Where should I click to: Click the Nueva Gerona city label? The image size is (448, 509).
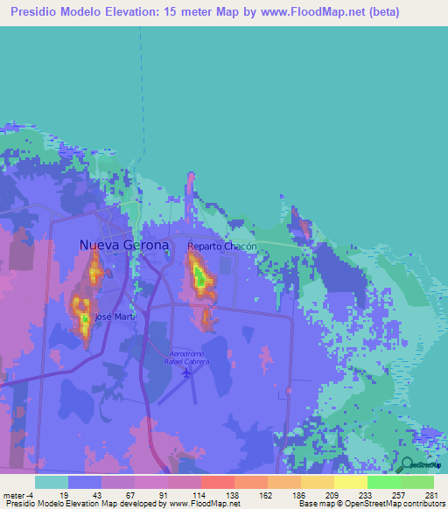tap(123, 245)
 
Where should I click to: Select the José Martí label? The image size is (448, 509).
tap(115, 317)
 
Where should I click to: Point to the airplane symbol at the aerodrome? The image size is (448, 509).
tap(186, 373)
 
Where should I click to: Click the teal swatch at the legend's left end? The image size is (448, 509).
tap(52, 482)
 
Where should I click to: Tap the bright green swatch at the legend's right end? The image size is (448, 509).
tap(416, 482)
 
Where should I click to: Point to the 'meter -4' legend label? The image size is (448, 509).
tap(18, 495)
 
